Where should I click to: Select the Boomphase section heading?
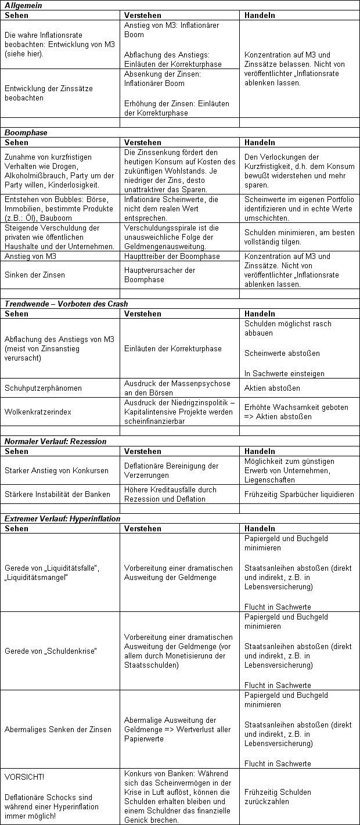[26, 132]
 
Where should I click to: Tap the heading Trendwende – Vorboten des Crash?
[66, 304]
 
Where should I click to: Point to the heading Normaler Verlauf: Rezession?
[55, 441]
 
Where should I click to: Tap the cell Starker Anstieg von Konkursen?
[56, 470]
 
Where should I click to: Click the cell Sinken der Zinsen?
[34, 275]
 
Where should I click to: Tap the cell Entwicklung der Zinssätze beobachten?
[49, 93]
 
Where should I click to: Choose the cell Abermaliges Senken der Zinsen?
[57, 729]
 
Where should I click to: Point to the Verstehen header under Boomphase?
[143, 142]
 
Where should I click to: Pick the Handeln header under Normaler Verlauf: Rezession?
[260, 451]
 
